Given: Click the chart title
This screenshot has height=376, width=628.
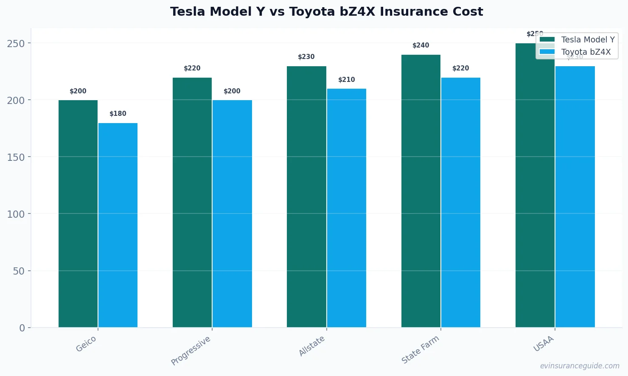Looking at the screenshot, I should tap(326, 12).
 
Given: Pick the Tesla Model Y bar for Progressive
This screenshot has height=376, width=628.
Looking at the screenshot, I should tap(192, 202).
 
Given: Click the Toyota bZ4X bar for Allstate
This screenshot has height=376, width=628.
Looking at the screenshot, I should tap(346, 208).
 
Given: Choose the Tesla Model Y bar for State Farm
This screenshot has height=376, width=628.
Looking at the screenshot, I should tap(421, 191).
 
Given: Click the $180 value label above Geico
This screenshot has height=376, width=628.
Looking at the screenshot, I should tap(118, 114).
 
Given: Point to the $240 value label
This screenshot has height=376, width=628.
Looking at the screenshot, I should tap(421, 45).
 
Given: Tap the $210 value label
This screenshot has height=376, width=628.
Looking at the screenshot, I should tap(346, 80).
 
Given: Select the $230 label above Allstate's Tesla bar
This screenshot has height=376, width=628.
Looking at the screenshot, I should tap(306, 57).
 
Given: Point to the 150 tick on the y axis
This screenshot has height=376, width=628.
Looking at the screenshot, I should tap(16, 157).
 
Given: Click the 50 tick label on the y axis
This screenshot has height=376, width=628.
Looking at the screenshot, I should tap(19, 271).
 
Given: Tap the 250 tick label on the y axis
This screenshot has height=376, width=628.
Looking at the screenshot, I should tap(16, 43).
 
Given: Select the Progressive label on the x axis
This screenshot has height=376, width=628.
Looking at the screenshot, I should tap(191, 351).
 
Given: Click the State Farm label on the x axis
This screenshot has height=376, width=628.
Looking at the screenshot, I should tap(421, 349).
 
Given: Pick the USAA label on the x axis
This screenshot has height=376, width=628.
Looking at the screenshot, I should tap(544, 344).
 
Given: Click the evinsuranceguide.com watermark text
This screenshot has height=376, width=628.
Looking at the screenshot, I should tap(579, 366).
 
